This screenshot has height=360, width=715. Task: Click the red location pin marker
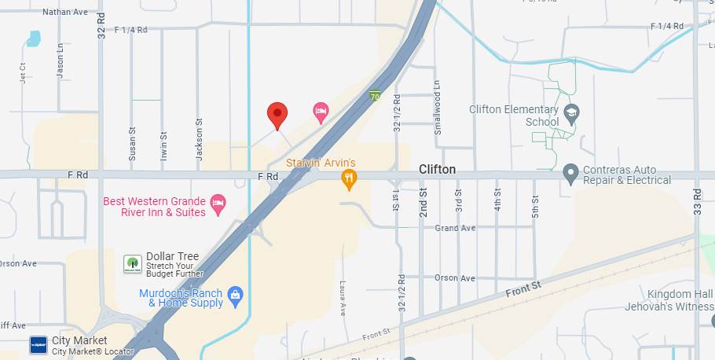pos(277,116)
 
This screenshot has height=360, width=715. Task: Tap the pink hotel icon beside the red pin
pos(321,112)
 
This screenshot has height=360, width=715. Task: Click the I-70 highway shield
pos(376,96)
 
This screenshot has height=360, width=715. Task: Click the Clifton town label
pos(437,170)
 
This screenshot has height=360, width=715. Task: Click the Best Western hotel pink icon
pos(218,202)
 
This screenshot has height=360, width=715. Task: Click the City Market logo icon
pos(38,345)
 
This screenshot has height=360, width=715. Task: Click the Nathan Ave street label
pos(65,12)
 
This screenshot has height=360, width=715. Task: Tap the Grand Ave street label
pos(456,228)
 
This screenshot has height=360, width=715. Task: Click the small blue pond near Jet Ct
pos(33,38)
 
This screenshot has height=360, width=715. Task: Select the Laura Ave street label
pos(343,298)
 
